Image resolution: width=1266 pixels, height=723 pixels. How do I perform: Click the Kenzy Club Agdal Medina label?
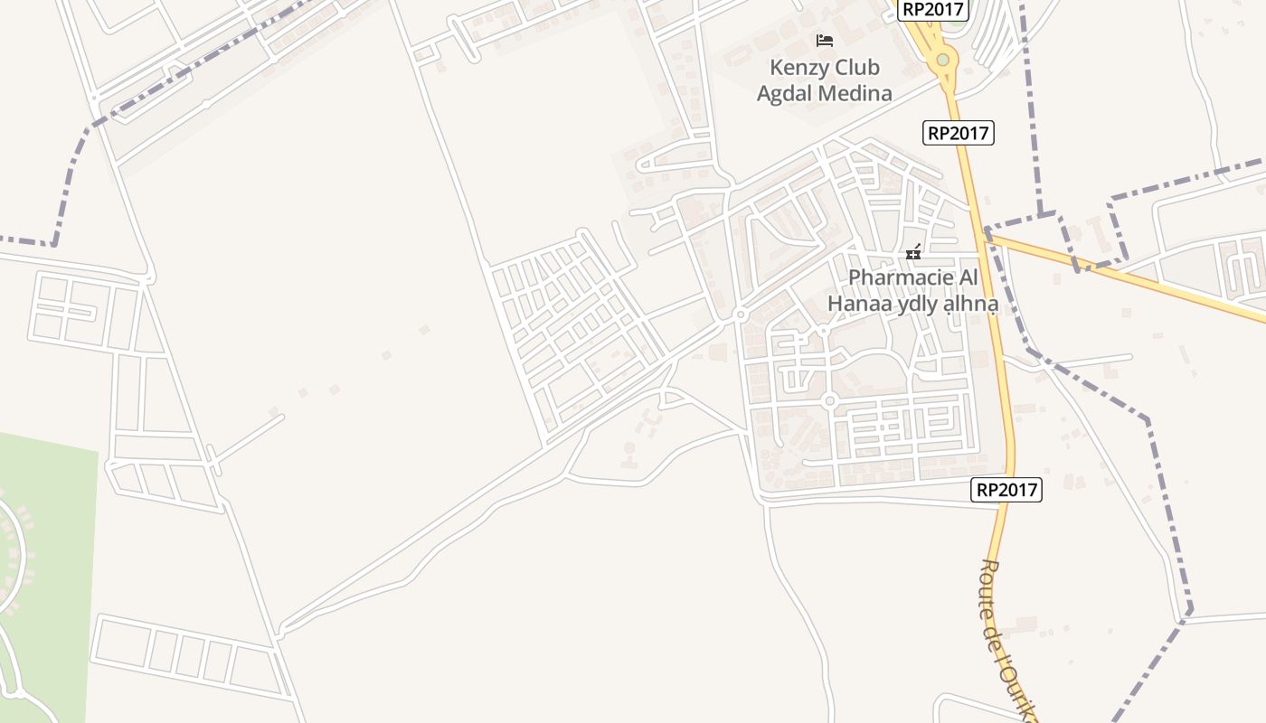(x=824, y=80)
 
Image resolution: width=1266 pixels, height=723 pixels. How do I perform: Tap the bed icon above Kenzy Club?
(x=825, y=41)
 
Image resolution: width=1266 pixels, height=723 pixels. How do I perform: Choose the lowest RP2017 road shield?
(x=1007, y=490)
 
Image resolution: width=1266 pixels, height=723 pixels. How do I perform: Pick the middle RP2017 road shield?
(x=959, y=133)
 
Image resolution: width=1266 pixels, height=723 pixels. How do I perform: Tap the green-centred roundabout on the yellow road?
(x=943, y=60)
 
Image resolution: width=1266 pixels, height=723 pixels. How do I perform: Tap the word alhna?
(x=970, y=305)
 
